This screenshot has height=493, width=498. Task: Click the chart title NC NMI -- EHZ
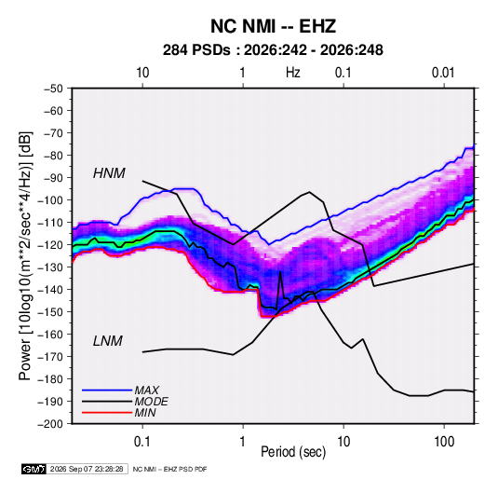point(273,26)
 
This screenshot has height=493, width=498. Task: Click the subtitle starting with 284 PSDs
point(273,50)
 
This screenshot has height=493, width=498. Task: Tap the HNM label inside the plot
point(109,173)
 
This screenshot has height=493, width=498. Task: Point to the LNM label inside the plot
point(108,341)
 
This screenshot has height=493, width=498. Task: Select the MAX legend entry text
point(147,390)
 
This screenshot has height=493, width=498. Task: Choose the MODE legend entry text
point(151,402)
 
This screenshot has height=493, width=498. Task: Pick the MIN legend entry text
point(145,413)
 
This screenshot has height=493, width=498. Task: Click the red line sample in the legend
point(107,413)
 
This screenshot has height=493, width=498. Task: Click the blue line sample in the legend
point(107,390)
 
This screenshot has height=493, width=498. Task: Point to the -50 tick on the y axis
point(53,89)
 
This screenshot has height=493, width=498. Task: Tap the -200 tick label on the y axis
point(50,424)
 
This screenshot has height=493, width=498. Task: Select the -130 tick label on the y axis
point(50,267)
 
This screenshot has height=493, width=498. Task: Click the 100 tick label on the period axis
point(444,442)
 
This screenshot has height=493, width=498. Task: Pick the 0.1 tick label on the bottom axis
point(142,442)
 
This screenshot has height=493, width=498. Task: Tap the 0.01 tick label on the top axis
point(443,73)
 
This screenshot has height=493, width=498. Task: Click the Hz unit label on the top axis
point(293,73)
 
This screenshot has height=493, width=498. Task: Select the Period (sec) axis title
point(293,452)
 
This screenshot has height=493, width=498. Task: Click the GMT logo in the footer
point(34,469)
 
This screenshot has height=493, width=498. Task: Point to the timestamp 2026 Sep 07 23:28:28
point(87,469)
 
